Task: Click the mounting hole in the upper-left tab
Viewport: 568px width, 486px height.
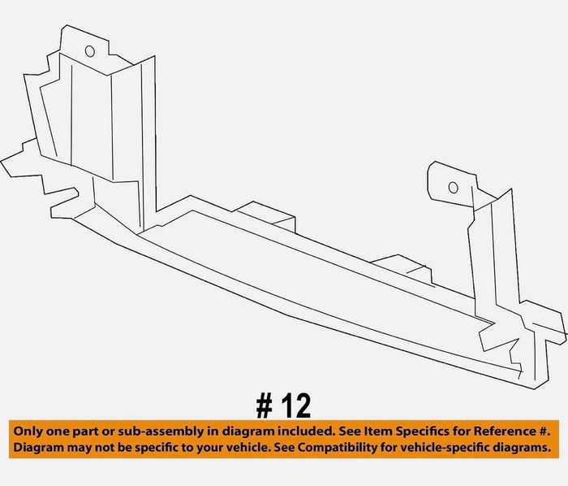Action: [90, 51]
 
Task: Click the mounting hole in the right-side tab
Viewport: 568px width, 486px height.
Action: [453, 187]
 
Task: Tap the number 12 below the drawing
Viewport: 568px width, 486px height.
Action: [296, 406]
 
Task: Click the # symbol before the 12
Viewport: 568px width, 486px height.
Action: [264, 406]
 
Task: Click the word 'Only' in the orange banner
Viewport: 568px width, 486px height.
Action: [26, 432]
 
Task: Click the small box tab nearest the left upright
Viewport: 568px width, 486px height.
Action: [265, 216]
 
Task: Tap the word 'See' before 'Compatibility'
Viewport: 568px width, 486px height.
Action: [284, 448]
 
